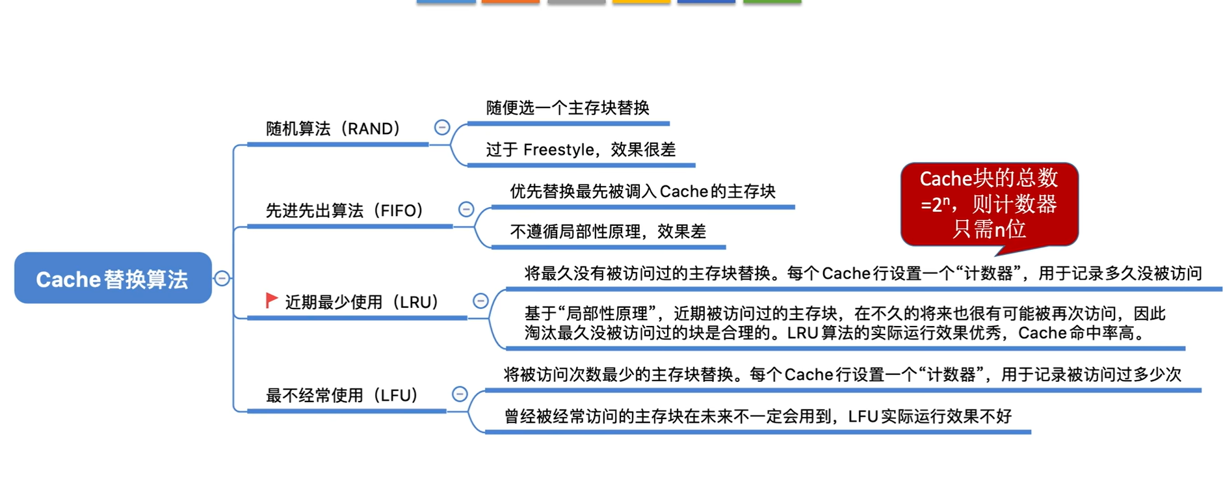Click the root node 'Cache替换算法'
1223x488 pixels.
click(112, 278)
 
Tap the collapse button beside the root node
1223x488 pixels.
click(222, 278)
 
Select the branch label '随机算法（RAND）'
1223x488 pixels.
click(333, 129)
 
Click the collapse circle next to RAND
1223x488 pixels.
click(442, 128)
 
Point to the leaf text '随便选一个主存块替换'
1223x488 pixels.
click(568, 108)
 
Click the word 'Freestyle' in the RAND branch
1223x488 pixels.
click(559, 150)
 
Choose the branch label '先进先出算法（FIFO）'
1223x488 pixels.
click(345, 211)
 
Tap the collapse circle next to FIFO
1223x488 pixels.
click(466, 210)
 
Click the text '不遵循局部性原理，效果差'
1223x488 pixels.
click(608, 232)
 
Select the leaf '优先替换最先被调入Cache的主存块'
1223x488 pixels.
click(642, 191)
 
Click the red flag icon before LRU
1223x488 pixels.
click(272, 300)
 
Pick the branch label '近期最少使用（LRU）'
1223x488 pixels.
click(362, 302)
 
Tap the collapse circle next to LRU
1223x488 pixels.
click(480, 301)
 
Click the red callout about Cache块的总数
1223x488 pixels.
click(989, 204)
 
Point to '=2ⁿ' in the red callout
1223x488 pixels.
click(935, 205)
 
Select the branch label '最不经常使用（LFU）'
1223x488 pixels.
click(342, 396)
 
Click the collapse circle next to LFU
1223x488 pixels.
click(460, 394)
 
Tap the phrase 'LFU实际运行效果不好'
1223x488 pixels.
click(930, 416)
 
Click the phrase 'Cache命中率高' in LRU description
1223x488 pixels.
click(1075, 333)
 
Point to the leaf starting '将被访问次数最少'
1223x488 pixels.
click(842, 375)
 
